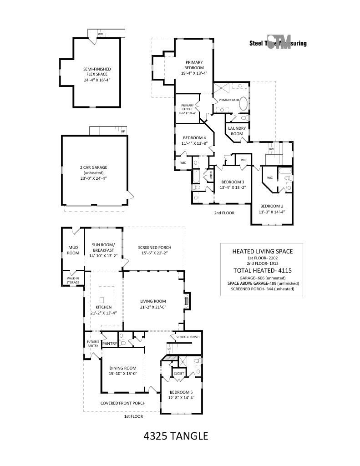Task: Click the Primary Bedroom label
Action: point(194,65)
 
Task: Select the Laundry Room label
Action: point(237,131)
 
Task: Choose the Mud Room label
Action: point(73,250)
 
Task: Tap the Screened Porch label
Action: point(155,248)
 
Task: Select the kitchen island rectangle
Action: point(102,299)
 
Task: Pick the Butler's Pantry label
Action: point(92,344)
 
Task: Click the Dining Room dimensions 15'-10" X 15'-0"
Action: point(123,373)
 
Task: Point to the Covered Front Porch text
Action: point(123,403)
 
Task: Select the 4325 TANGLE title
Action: point(176,436)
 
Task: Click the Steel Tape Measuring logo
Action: point(278,43)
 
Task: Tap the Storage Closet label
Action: point(188,337)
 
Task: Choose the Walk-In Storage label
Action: point(73,280)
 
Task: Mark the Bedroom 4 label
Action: point(194,138)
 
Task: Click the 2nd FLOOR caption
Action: point(224,213)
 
